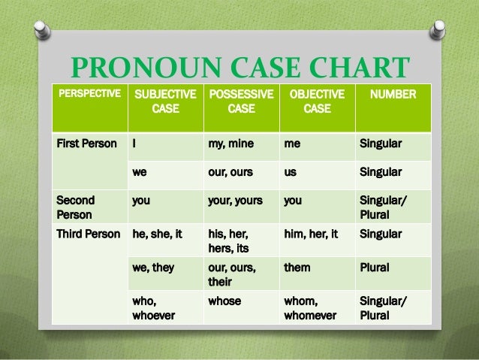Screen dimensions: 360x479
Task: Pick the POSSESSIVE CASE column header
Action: tap(240, 101)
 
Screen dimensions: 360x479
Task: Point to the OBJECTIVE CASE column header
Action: tap(316, 101)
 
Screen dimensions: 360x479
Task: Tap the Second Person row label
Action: tap(75, 208)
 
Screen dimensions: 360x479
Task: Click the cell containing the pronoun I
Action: tap(134, 143)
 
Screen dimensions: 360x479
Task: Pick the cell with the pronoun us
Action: tap(290, 171)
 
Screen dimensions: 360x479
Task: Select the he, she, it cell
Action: tap(157, 234)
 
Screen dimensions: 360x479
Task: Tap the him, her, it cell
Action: tap(311, 234)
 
